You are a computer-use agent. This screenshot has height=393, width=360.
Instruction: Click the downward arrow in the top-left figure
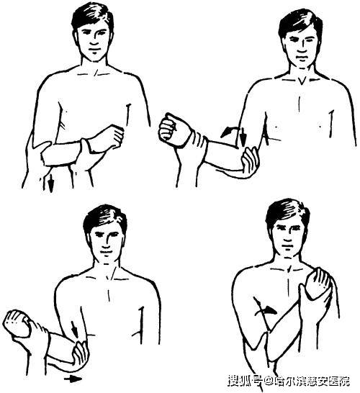click(x=51, y=183)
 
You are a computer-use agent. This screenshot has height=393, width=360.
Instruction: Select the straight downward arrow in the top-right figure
click(x=243, y=137)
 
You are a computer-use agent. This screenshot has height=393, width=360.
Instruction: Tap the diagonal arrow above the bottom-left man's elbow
click(x=74, y=328)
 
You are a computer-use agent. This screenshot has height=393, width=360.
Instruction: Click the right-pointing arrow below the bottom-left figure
click(x=73, y=379)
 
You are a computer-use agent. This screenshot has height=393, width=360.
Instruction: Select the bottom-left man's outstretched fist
click(x=17, y=324)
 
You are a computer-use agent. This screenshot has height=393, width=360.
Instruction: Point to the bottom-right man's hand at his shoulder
click(x=318, y=283)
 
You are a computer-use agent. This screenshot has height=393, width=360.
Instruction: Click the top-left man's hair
click(x=91, y=17)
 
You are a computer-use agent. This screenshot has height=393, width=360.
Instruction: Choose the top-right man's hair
click(x=300, y=23)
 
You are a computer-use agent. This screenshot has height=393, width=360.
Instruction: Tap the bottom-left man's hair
click(x=105, y=219)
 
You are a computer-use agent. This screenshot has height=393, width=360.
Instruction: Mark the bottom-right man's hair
click(x=287, y=213)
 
